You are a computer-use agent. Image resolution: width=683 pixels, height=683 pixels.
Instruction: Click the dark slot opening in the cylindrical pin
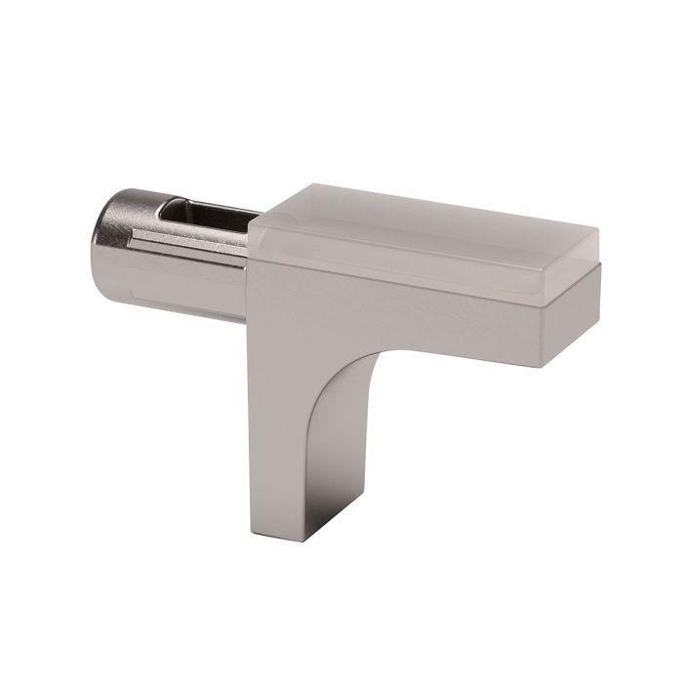[x=200, y=217]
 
